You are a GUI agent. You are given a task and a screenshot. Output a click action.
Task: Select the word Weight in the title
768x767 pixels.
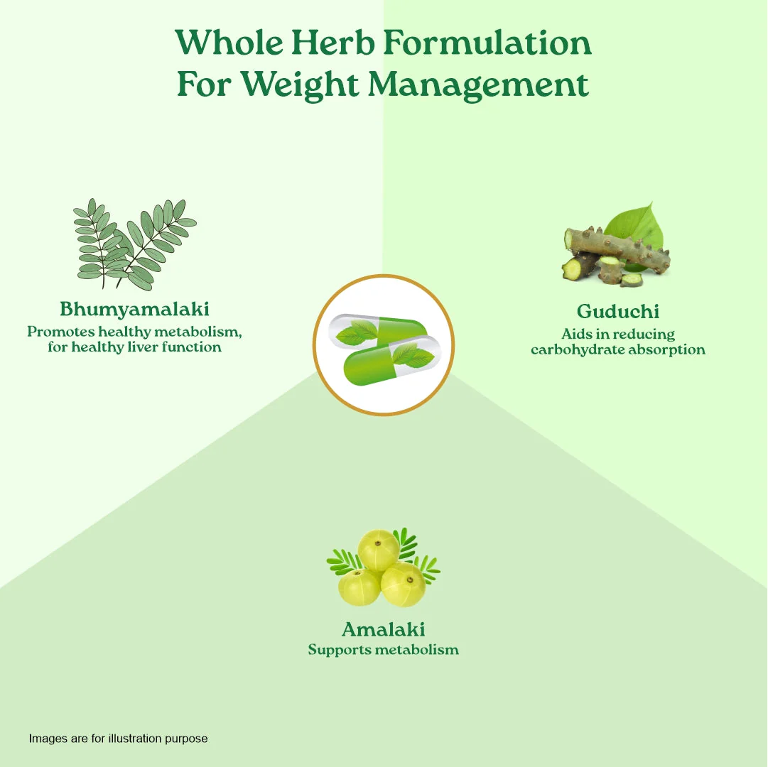click(299, 85)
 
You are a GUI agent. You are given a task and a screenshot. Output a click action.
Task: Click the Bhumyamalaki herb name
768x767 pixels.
click(135, 310)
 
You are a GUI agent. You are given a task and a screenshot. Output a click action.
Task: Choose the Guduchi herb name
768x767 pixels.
click(617, 311)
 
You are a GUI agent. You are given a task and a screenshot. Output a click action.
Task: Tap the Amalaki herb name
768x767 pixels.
click(384, 629)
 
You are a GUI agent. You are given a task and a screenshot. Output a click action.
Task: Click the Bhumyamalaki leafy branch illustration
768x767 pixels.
click(135, 244)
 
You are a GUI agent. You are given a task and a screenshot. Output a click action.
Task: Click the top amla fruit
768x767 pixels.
click(379, 549)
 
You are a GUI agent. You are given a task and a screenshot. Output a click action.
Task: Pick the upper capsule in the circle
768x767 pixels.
click(378, 331)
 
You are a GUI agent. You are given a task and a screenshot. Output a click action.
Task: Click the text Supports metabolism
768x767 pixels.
click(384, 650)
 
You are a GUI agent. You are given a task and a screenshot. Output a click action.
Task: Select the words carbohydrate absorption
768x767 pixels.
click(618, 349)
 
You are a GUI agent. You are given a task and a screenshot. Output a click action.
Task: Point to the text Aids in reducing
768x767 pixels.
click(618, 334)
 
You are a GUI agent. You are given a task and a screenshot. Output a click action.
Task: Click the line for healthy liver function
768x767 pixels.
click(135, 347)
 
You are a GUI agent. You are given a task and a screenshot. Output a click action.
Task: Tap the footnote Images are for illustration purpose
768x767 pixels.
click(118, 739)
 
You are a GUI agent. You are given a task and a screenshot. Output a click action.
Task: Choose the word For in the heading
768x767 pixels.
click(204, 85)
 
